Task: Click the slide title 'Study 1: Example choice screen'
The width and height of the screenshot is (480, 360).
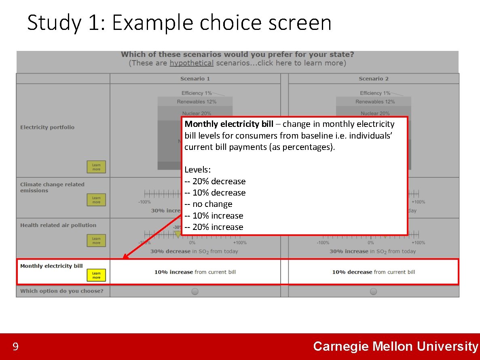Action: coord(179,23)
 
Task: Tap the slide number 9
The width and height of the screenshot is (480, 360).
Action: coord(15,347)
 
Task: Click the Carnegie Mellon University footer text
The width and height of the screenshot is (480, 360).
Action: coord(395,346)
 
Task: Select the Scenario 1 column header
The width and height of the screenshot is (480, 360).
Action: coord(195,79)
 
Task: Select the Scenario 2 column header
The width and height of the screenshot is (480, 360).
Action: coord(373,79)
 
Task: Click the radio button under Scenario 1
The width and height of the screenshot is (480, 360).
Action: coord(195,291)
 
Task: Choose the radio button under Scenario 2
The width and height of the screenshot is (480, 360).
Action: coord(373,291)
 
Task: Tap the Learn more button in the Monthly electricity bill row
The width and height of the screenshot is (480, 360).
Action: coord(96,275)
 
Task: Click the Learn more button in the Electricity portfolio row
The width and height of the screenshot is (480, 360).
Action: coord(96,167)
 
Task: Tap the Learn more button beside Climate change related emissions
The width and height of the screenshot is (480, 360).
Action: coord(96,200)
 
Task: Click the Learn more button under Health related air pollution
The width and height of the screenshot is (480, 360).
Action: coord(96,241)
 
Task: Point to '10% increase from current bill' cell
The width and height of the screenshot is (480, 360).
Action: coord(195,272)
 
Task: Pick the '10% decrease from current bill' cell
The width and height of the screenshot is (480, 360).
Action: coord(373,272)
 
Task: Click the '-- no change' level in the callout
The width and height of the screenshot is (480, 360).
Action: coord(208,204)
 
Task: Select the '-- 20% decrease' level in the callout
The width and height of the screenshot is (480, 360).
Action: coord(215,181)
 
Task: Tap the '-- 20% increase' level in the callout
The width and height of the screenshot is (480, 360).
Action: coord(214,227)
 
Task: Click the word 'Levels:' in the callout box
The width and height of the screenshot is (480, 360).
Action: coord(197,170)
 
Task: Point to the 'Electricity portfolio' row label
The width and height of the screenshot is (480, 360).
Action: coord(47,127)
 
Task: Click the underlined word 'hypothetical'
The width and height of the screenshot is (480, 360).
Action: coord(191,63)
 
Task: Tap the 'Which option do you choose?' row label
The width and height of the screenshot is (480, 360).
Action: coord(61,291)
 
